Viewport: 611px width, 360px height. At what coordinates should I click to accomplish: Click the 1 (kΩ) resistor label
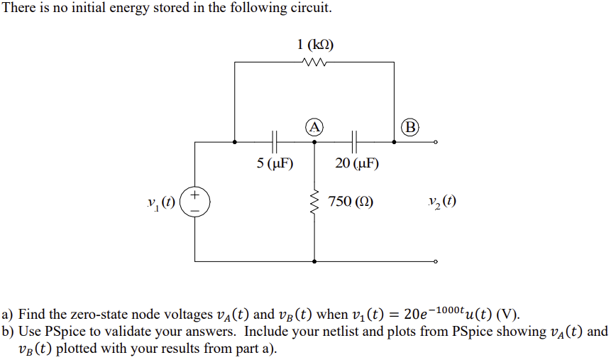(314, 45)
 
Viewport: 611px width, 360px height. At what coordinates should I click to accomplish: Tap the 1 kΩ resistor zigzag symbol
(314, 62)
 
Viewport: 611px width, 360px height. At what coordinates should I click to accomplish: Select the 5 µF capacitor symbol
(275, 141)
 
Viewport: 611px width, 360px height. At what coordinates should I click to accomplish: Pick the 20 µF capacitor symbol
(354, 141)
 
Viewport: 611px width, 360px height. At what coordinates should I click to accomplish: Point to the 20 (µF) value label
(357, 164)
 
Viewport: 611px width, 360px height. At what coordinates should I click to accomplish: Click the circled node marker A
(314, 127)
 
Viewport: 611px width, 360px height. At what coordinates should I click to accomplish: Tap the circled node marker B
(409, 128)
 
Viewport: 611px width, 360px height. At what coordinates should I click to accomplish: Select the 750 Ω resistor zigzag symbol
(314, 202)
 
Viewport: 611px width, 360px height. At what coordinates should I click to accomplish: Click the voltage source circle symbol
(195, 202)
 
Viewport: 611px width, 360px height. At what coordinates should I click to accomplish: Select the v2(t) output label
(442, 202)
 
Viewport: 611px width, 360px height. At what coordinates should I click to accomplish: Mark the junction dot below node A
(314, 141)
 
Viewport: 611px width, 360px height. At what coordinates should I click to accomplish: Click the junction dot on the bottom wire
(314, 261)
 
